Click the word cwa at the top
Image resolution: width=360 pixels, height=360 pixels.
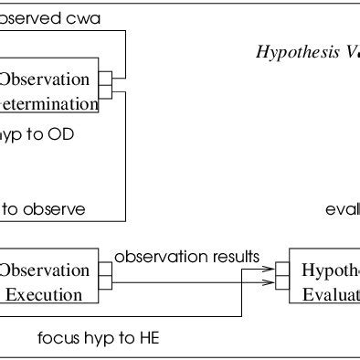[84, 17]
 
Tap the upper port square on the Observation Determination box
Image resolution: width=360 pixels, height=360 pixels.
[105, 78]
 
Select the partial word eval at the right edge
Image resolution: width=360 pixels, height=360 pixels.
[343, 208]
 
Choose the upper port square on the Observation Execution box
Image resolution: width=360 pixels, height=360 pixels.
[105, 270]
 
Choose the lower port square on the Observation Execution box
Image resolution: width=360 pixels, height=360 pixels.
[105, 282]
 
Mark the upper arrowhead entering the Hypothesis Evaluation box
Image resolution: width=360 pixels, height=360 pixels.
[270, 270]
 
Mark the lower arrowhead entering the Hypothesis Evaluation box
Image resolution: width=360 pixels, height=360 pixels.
[270, 283]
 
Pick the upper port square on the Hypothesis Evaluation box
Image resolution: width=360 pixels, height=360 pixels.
[283, 270]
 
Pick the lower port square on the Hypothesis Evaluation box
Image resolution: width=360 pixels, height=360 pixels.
[283, 283]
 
